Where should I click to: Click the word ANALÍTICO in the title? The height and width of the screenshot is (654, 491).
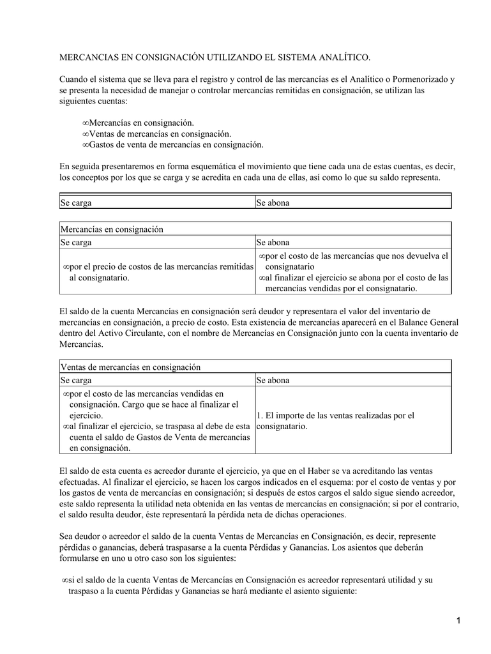pyautogui.click(x=341, y=57)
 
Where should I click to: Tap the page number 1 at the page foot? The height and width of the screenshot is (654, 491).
pyautogui.click(x=458, y=621)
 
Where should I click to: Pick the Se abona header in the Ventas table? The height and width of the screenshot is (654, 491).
pyautogui.click(x=273, y=380)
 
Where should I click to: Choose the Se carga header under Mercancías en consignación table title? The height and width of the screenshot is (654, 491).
pyautogui.click(x=76, y=243)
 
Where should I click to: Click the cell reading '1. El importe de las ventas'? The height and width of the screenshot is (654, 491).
pyautogui.click(x=335, y=420)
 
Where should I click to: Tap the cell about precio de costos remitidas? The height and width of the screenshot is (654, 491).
pyautogui.click(x=157, y=272)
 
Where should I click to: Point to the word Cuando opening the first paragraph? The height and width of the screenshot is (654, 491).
pyautogui.click(x=75, y=79)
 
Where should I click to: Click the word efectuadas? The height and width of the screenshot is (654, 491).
pyautogui.click(x=80, y=482)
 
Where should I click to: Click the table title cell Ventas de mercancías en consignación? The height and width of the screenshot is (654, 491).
pyautogui.click(x=130, y=367)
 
